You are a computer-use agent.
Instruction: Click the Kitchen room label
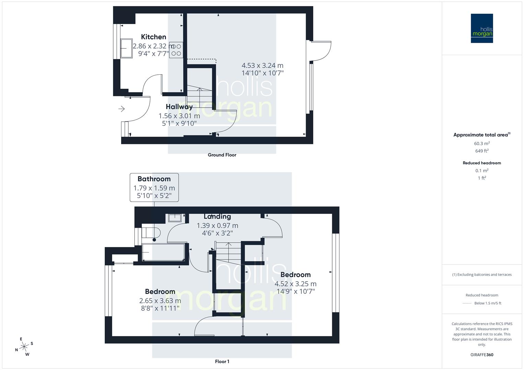pos(153,37)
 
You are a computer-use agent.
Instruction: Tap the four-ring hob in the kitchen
pos(176,50)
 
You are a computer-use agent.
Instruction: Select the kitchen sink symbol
pos(126,48)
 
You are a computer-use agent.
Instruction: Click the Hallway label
pos(179,107)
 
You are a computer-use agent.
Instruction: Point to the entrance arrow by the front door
pos(121,109)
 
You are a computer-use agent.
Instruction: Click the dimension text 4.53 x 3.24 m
pos(263,65)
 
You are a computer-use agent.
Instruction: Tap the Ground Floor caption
pos(222,155)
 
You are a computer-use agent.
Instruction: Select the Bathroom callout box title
pos(154,179)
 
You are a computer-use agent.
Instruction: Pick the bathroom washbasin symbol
pos(175,218)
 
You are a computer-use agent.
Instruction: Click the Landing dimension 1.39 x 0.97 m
pos(217,225)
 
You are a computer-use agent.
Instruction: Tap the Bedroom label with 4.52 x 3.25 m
pos(295,275)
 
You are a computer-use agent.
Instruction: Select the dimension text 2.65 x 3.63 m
pos(160,301)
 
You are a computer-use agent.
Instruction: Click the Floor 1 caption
pos(222,361)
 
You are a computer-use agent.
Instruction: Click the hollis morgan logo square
pos(482,28)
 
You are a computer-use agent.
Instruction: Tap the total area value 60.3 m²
pos(482,144)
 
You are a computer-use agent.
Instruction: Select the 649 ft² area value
pos(482,151)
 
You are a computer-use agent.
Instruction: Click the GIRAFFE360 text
pos(482,355)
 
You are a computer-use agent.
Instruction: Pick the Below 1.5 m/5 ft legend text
pos(488,303)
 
